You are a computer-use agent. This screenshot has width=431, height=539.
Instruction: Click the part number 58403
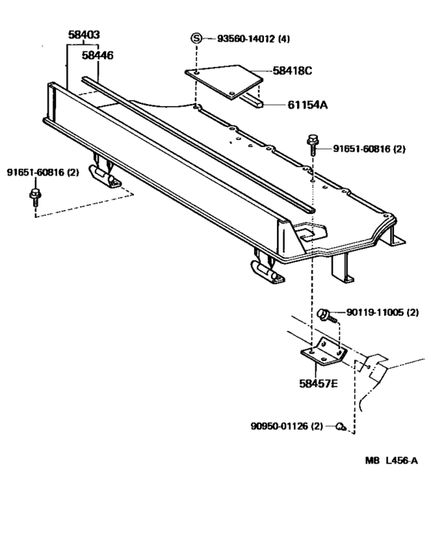(x=84, y=35)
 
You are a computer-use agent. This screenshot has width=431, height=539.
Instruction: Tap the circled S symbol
(x=196, y=38)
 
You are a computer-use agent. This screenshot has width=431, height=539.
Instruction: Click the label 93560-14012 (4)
(x=253, y=38)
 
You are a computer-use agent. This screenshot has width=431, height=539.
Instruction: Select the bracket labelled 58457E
(x=322, y=355)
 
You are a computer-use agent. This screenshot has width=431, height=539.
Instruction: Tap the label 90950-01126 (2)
(x=286, y=426)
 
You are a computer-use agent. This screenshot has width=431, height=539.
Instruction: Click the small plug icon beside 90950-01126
(x=339, y=426)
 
